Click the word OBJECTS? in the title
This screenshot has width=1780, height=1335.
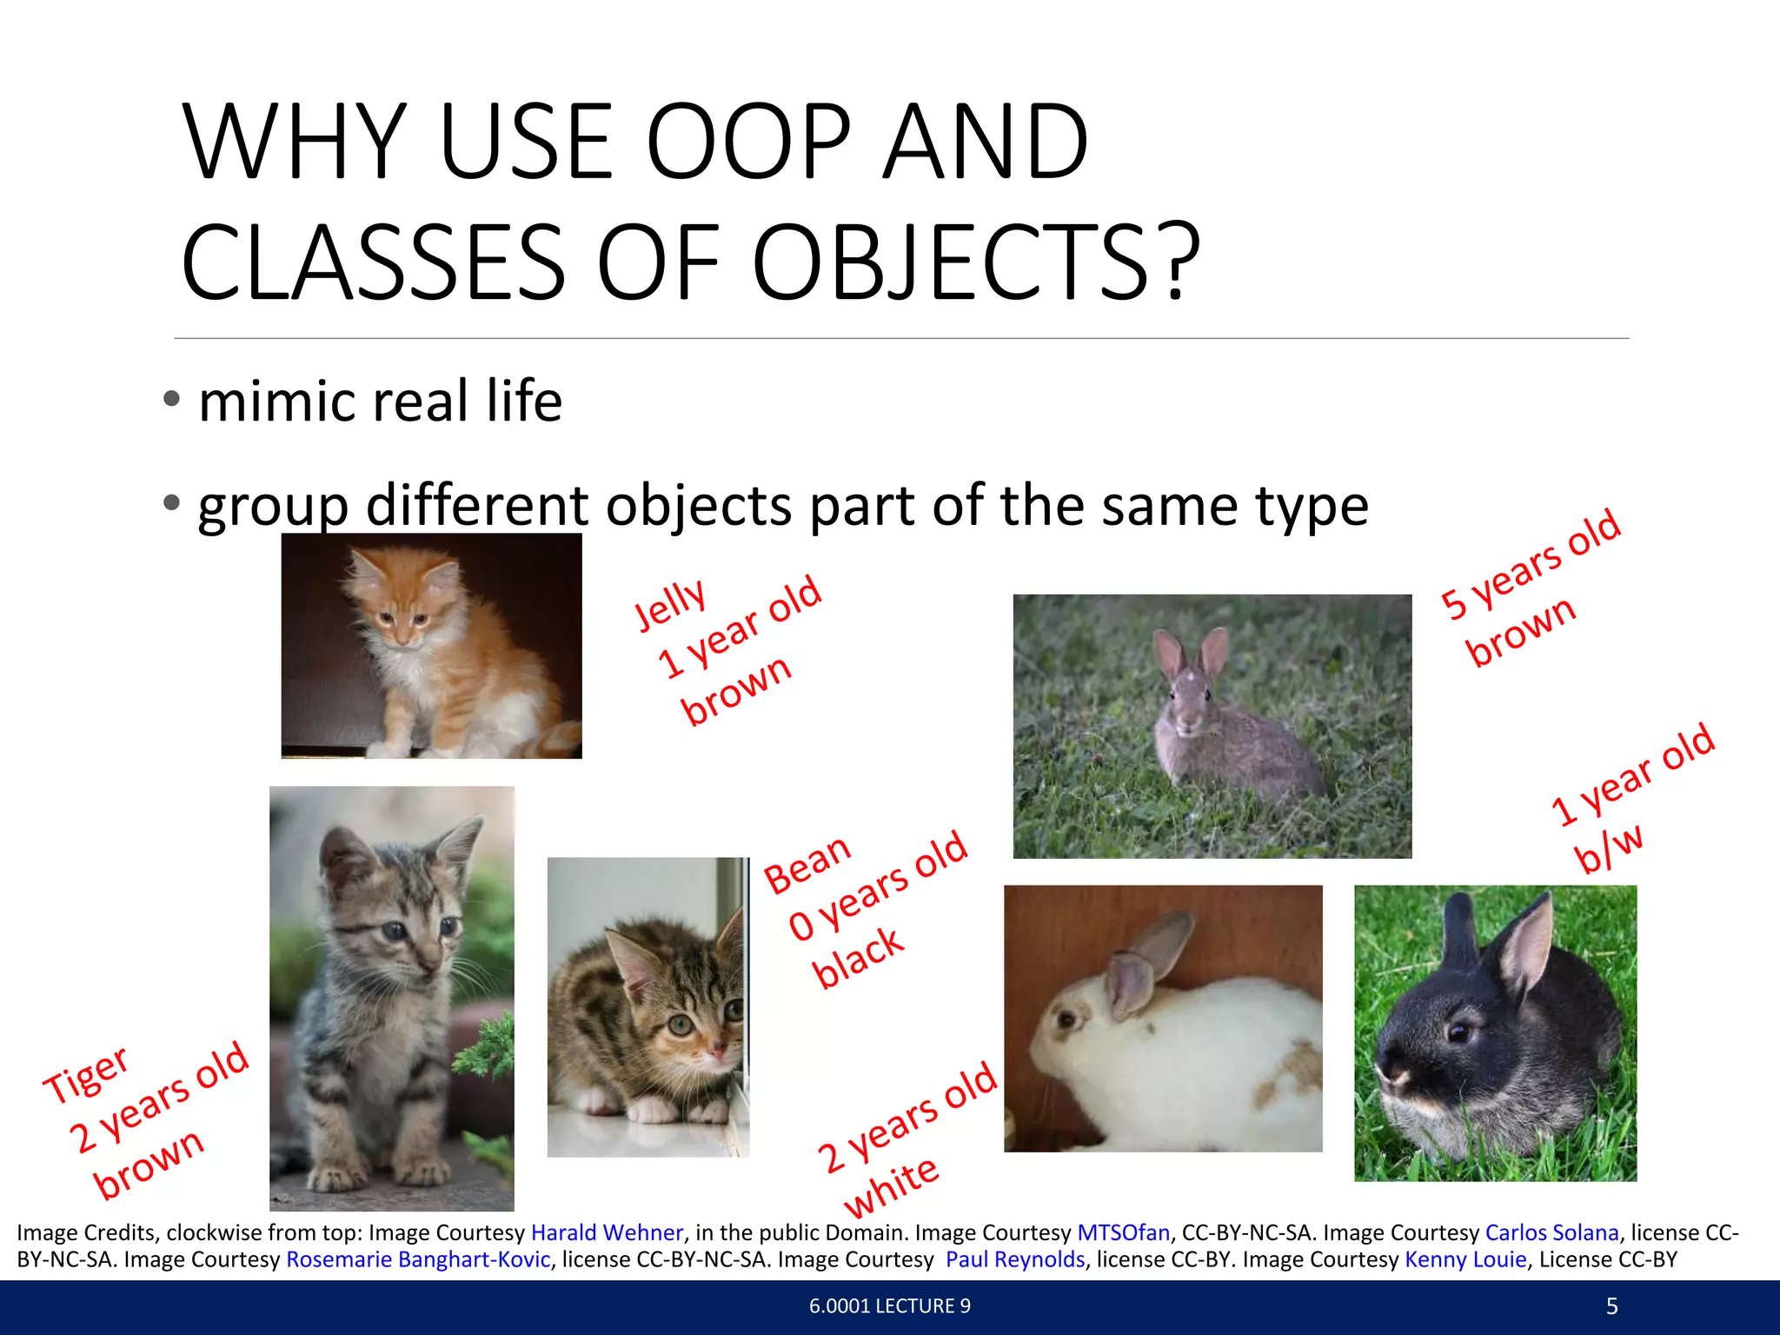(x=976, y=263)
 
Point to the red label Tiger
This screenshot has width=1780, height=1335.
(x=86, y=1074)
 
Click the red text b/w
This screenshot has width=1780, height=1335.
(x=1608, y=848)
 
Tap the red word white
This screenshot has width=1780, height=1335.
(x=891, y=1186)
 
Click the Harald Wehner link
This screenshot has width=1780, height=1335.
(x=607, y=1232)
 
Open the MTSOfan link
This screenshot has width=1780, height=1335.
(x=1123, y=1232)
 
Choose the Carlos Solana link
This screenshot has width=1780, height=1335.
(x=1551, y=1232)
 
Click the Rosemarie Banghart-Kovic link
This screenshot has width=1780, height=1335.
(x=418, y=1259)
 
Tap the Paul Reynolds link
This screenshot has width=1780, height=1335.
(x=1015, y=1259)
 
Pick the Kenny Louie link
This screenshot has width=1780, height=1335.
(x=1465, y=1259)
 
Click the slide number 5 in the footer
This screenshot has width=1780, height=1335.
(x=1611, y=1306)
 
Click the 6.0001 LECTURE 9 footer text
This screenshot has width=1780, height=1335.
(x=889, y=1306)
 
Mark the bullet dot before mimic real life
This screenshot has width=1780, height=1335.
(x=172, y=399)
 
